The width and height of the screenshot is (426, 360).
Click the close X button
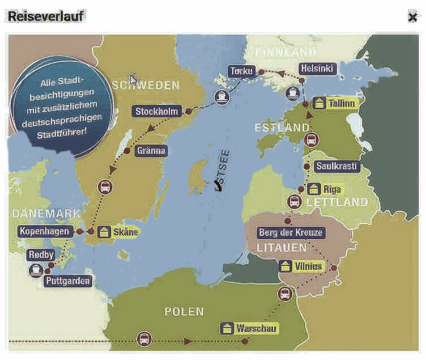tap(412, 17)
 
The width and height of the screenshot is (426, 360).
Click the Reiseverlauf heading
tap(46, 16)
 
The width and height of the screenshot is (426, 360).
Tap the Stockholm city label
tap(156, 112)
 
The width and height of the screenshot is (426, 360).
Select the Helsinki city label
tap(318, 69)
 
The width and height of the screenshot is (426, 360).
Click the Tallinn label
tap(342, 103)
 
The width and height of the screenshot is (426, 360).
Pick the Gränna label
tap(151, 151)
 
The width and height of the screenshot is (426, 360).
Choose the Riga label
tap(331, 189)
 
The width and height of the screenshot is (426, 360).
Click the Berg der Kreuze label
tap(291, 232)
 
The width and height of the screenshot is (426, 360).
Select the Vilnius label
tap(308, 266)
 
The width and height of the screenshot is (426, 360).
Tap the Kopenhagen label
tap(44, 231)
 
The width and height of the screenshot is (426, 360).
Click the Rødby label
tap(41, 255)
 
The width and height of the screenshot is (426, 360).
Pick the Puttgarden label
tap(67, 281)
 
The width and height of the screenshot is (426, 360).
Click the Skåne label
tap(125, 232)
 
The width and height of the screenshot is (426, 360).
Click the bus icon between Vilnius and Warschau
tap(284, 294)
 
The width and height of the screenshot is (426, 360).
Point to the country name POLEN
tap(184, 312)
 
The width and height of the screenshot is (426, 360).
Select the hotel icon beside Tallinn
tap(320, 103)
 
